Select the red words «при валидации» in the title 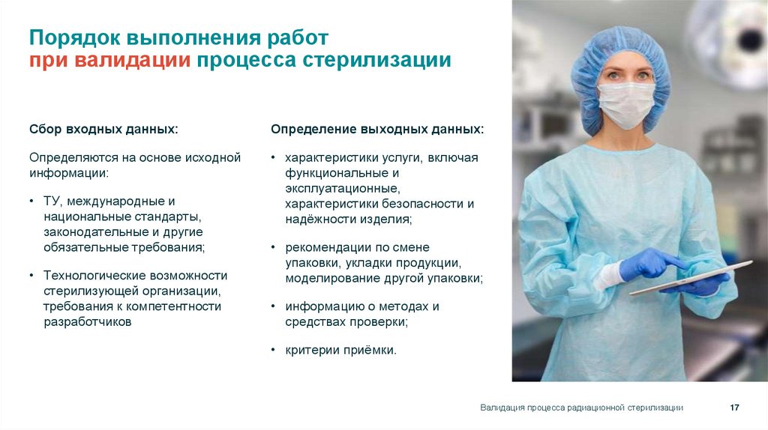(109, 60)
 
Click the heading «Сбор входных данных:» (103, 130)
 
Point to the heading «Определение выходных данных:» (377, 130)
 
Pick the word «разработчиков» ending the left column (88, 321)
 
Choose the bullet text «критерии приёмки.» (340, 350)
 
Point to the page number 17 (735, 408)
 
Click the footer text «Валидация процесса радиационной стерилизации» (581, 408)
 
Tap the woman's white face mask (626, 104)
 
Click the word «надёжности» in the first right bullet (315, 219)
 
